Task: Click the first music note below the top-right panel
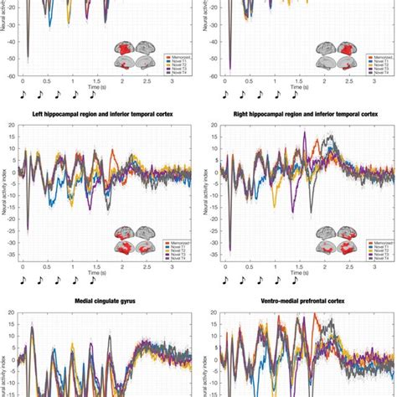(x=225, y=96)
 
